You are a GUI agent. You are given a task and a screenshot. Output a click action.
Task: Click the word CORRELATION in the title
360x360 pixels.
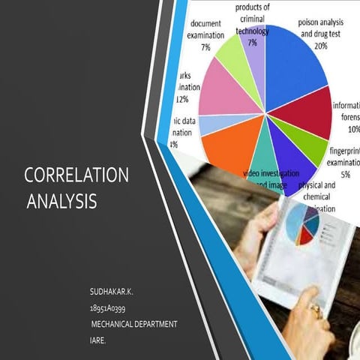[76, 175]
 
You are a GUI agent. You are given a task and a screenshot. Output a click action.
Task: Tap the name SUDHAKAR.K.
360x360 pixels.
[110, 289]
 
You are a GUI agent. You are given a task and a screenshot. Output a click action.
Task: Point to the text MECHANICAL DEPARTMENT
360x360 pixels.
[133, 323]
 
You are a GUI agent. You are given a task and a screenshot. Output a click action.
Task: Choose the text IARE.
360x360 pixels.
[97, 340]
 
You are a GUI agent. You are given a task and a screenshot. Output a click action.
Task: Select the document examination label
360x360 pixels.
[205, 29]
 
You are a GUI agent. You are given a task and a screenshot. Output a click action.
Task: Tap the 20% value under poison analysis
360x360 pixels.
[321, 46]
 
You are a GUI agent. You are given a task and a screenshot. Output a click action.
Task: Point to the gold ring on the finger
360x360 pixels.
[316, 307]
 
